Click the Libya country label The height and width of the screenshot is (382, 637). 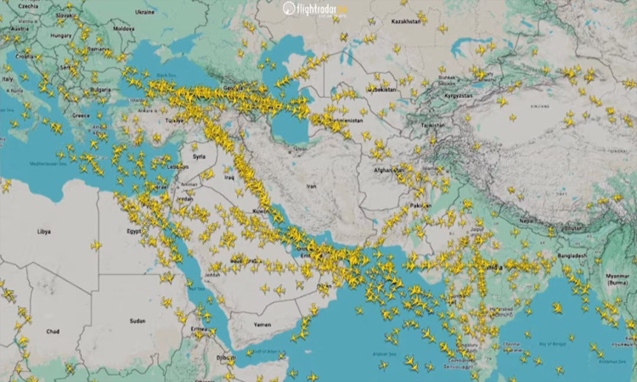(x=43, y=231)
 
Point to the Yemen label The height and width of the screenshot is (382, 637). (x=263, y=323)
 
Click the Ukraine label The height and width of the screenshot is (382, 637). (x=144, y=12)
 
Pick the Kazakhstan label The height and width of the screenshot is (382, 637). (x=405, y=21)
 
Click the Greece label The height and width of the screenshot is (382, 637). (x=81, y=115)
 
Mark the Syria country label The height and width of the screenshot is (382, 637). (x=200, y=156)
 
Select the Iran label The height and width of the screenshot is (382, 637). (x=311, y=186)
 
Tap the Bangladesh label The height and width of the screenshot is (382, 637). (x=572, y=256)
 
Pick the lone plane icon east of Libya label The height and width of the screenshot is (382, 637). (x=96, y=245)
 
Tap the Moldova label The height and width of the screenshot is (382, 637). (x=123, y=28)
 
